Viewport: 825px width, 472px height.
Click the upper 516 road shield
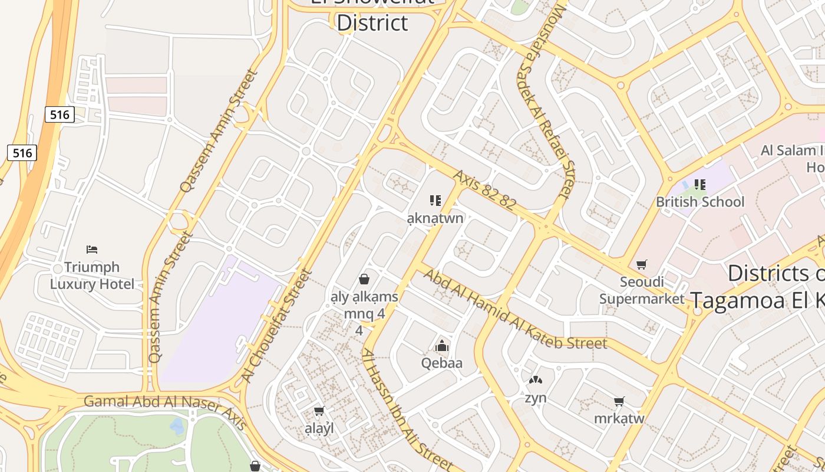60,114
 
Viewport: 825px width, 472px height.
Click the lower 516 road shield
22,153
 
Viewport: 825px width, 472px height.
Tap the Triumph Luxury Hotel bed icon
91,250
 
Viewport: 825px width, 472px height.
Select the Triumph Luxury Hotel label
92,276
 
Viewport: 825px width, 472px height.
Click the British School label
700,202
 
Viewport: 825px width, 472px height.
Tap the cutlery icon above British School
700,185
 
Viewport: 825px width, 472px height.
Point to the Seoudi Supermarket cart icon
642,264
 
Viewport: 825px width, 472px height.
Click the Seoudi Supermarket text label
642,290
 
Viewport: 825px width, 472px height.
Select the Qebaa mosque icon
442,346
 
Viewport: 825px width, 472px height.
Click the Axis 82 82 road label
484,190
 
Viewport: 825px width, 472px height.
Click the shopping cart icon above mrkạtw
619,402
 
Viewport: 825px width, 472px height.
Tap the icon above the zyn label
536,381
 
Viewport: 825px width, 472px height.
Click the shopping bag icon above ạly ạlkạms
364,278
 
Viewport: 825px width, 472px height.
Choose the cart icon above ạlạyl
319,411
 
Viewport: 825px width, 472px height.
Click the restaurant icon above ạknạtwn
435,201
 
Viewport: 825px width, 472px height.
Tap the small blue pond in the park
177,425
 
